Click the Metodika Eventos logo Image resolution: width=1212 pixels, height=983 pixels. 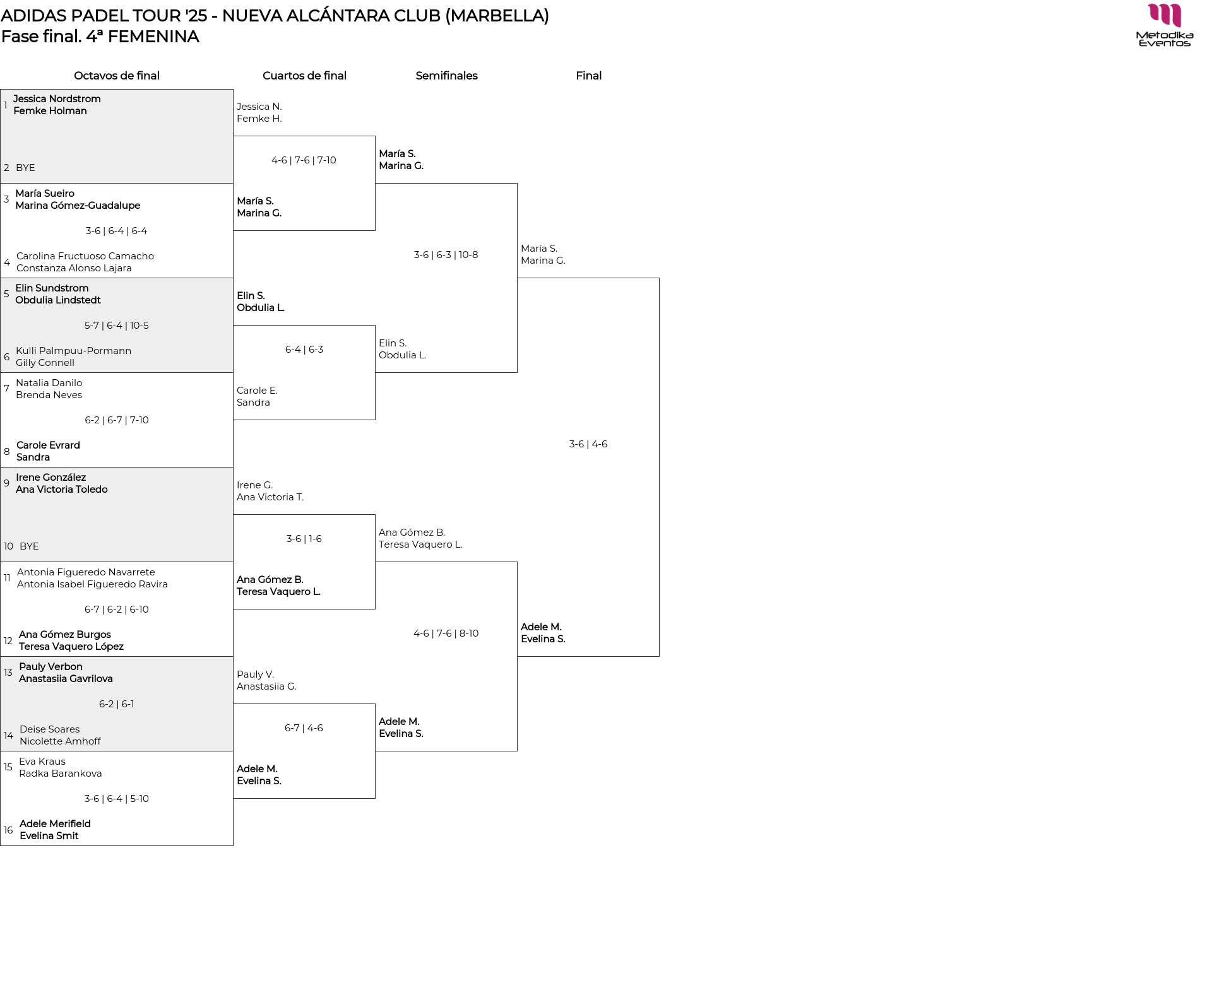[1165, 25]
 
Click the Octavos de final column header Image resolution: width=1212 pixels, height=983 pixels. [117, 76]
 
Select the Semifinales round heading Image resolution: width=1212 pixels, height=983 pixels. [446, 76]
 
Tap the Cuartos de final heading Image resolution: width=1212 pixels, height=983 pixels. [304, 76]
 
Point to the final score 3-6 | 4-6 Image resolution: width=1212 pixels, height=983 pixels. [588, 444]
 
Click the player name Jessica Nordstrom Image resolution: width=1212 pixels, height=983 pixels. [57, 98]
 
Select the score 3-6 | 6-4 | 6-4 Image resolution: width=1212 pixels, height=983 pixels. [116, 231]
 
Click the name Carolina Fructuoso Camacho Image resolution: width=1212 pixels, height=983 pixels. [85, 256]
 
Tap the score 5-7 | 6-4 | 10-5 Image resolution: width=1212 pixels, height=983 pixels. [117, 326]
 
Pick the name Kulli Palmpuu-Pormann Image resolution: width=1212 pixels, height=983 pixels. [74, 351]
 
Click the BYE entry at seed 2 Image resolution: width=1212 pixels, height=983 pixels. [25, 168]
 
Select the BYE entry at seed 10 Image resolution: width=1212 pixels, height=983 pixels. [29, 546]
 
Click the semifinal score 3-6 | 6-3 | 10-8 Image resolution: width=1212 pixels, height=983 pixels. [446, 255]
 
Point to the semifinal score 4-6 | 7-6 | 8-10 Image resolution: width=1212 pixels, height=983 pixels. [446, 633]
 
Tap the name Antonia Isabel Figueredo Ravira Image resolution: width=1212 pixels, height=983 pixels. [92, 584]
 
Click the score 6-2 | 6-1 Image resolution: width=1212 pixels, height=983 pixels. [117, 704]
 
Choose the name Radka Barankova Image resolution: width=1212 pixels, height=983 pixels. [61, 774]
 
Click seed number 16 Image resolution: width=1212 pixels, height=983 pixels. [8, 830]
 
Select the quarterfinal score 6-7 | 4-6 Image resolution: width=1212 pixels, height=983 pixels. [304, 728]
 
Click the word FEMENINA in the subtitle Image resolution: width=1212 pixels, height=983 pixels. [153, 37]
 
